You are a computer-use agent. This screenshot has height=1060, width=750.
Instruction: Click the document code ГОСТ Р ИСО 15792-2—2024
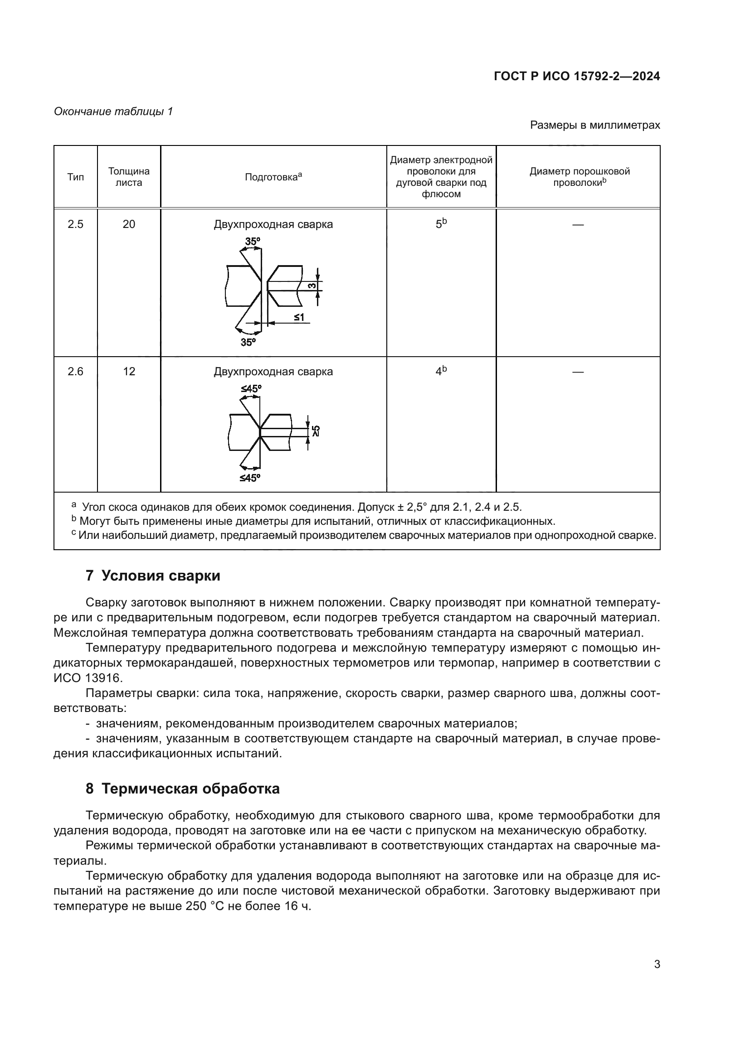click(576, 76)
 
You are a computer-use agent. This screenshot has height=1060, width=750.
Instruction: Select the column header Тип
click(75, 177)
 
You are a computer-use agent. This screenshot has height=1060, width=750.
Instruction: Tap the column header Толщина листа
click(129, 177)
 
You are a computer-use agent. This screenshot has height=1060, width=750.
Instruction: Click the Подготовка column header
click(273, 177)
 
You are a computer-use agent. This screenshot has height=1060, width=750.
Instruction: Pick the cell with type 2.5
click(75, 224)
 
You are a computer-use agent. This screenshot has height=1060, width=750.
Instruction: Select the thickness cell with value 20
click(129, 224)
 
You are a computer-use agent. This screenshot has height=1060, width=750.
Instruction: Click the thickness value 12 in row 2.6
click(129, 372)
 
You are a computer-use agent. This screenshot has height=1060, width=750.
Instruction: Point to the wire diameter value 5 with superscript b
click(441, 224)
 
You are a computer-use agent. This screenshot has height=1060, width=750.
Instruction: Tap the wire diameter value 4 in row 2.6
click(441, 372)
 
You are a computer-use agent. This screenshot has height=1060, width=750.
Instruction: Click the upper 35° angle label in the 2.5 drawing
click(253, 242)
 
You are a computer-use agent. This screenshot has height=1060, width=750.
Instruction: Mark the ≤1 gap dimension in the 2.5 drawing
click(299, 317)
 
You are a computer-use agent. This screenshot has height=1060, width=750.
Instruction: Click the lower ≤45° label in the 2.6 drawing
click(249, 478)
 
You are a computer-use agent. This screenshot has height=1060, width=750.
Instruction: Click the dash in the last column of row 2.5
click(578, 225)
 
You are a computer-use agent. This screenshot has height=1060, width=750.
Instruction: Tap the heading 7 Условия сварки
click(153, 576)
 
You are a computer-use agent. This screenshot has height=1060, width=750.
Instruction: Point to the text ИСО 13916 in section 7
click(88, 678)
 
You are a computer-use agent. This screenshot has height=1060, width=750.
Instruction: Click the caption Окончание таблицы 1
click(114, 111)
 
